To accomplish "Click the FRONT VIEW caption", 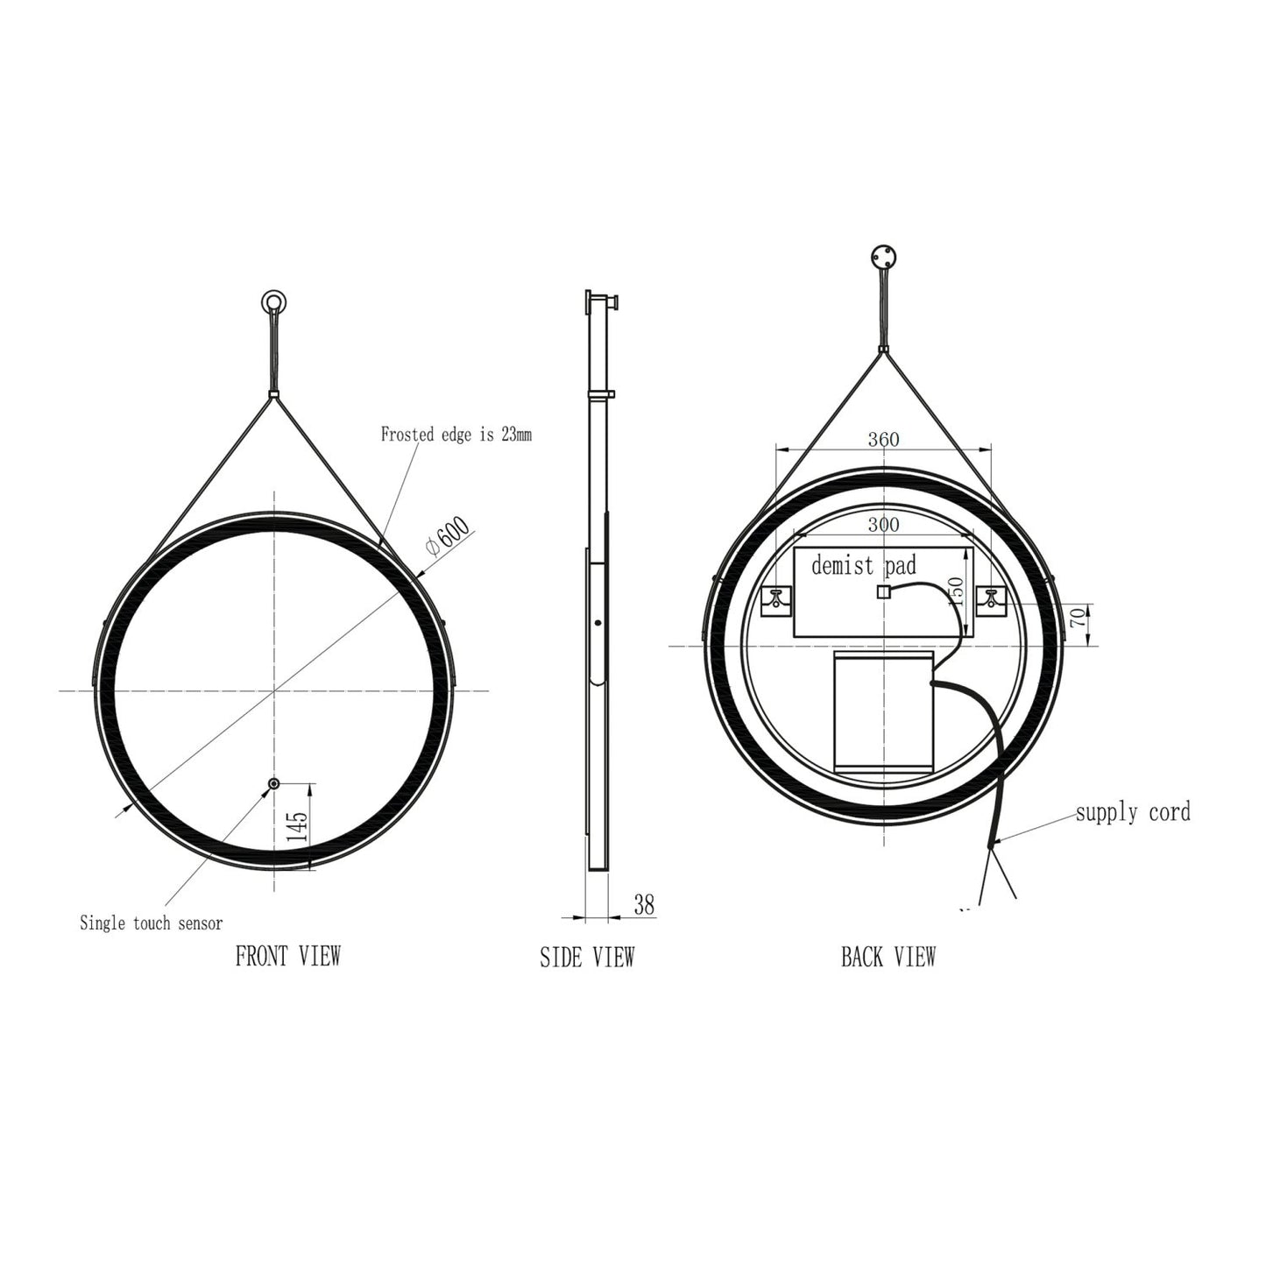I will [287, 956].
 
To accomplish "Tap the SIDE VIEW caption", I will [586, 958].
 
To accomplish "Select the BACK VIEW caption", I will [888, 956].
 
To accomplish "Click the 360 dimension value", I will [883, 439].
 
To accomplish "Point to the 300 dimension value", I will [883, 525].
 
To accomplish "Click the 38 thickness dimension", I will [643, 905].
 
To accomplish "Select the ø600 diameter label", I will [448, 535].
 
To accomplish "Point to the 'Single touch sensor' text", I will [151, 923].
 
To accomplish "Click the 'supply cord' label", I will [1133, 812].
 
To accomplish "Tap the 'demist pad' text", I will [863, 565].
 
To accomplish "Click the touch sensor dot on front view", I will [274, 784].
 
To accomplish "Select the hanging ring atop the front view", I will [272, 303].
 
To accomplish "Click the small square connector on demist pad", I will [883, 591].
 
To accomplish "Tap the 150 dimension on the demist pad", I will [957, 593].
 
